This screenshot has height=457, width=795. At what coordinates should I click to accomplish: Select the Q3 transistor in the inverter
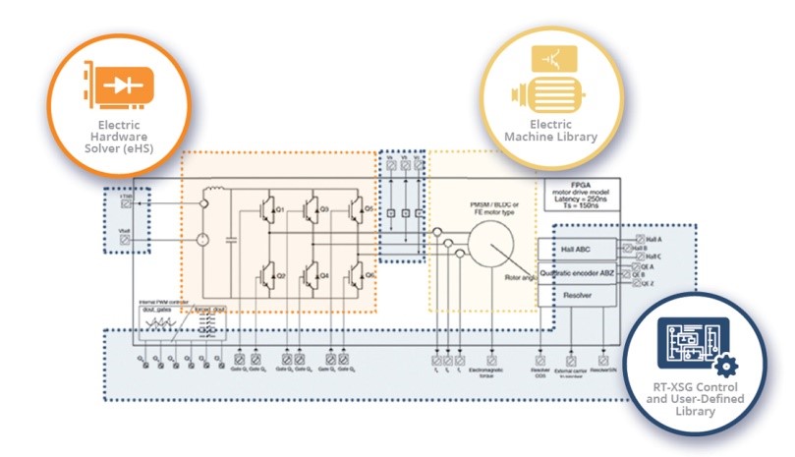[310, 209]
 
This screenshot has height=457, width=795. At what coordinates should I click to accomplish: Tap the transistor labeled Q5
[355, 209]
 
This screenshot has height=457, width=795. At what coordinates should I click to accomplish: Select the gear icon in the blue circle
[727, 367]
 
